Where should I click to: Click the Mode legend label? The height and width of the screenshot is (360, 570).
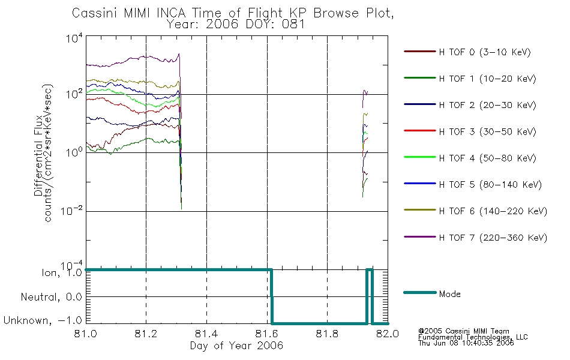449,294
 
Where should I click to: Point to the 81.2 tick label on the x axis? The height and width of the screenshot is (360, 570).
146,334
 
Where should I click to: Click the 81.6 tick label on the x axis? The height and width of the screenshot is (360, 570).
267,334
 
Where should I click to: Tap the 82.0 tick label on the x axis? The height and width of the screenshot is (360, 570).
388,334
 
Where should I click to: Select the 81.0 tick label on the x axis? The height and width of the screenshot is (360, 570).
85,334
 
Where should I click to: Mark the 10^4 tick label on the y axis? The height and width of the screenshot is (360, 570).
74,38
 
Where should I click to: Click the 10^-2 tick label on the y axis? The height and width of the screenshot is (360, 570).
71,211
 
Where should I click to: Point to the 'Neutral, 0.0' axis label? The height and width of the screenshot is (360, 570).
51,297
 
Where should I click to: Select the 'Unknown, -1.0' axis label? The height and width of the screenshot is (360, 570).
43,320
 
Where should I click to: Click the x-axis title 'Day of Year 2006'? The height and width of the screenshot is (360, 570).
236,346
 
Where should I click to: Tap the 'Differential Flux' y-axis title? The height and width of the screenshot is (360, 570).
39,155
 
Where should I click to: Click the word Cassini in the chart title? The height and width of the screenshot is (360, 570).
95,13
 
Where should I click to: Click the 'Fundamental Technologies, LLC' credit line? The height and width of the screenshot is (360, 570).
473,337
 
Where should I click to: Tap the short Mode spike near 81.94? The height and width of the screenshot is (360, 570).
370,269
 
